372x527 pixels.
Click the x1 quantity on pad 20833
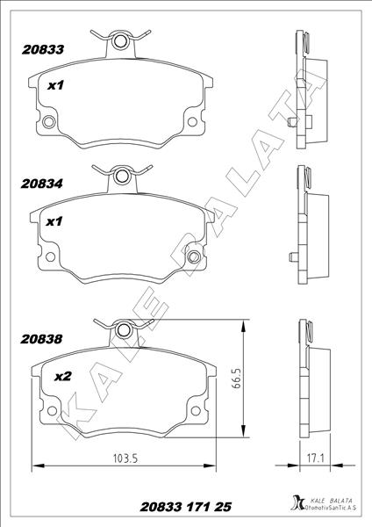click(55, 86)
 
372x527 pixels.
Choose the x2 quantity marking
click(62, 377)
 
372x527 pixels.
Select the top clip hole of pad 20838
click(122, 330)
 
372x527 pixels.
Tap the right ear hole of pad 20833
click(195, 122)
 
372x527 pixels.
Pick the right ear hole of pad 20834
click(195, 257)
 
